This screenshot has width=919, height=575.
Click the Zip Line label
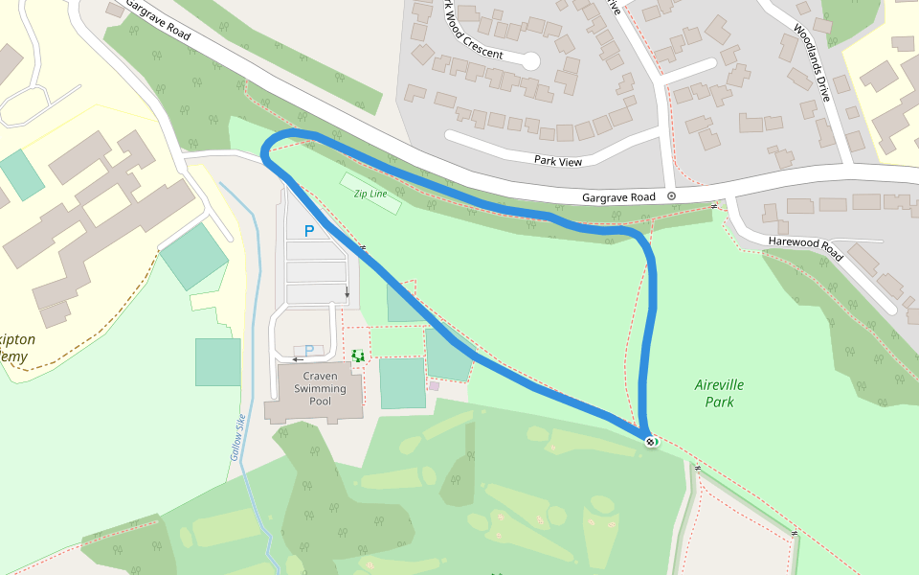pos(370,194)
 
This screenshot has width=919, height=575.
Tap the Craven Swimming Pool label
pos(320,389)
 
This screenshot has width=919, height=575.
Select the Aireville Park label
pos(719,393)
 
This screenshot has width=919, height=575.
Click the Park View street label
pos(558,161)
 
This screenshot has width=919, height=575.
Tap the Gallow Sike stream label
pos(237,437)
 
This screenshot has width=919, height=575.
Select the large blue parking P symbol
pos(308,231)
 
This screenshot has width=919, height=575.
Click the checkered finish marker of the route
pos(651,442)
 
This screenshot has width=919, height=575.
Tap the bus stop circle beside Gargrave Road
pos(671,195)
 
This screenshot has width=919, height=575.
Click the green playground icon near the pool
pos(358,356)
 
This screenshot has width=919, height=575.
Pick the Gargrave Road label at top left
pos(157,20)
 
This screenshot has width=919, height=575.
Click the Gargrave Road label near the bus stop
pos(618,197)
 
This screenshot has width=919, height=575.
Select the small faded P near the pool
pos(308,350)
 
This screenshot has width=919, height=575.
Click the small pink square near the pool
pos(434,385)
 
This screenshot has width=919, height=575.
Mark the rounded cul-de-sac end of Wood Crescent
pos(529,61)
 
